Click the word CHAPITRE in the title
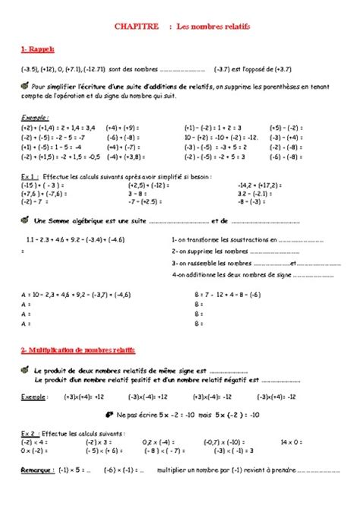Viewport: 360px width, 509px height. click(x=131, y=26)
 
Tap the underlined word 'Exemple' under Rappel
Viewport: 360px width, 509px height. click(x=35, y=118)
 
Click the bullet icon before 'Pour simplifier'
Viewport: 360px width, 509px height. click(x=27, y=87)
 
